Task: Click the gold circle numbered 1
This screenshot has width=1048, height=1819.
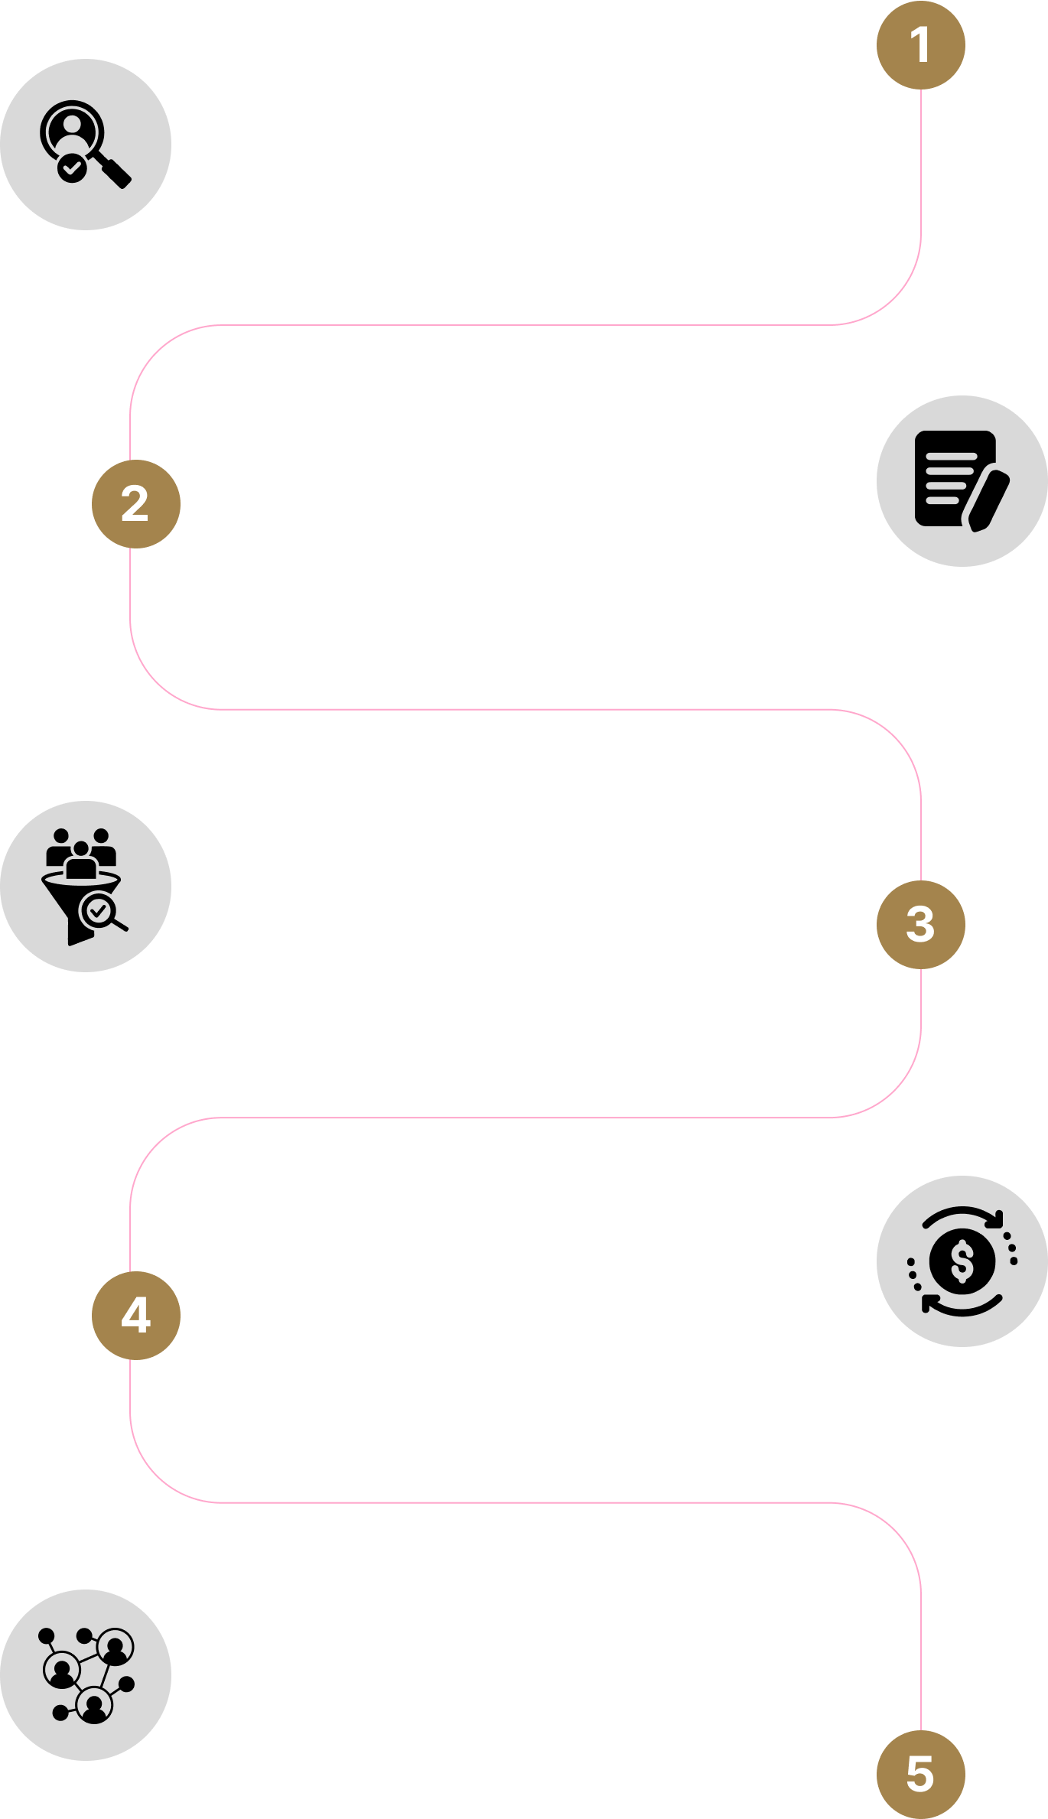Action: (x=920, y=45)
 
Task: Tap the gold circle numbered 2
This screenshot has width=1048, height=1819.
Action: (x=135, y=504)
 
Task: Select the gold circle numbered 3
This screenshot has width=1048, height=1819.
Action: (x=920, y=924)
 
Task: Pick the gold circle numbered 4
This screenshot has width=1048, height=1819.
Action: (x=135, y=1315)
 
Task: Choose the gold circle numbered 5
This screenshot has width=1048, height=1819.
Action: (x=920, y=1774)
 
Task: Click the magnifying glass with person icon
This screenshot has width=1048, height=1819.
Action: (x=85, y=144)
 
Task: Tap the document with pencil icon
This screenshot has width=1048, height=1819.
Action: (x=962, y=480)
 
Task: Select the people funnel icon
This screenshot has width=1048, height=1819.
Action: (x=85, y=886)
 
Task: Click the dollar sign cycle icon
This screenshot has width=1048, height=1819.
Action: (x=962, y=1261)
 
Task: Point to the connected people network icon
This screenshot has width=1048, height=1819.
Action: (x=85, y=1674)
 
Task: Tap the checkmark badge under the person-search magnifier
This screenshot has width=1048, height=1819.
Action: (x=72, y=167)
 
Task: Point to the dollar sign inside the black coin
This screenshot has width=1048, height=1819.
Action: (x=962, y=1261)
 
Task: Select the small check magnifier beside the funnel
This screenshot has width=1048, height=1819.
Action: (x=99, y=911)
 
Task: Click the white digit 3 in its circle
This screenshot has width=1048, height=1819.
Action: (x=920, y=924)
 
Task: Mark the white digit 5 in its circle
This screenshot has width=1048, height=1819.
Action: (x=920, y=1774)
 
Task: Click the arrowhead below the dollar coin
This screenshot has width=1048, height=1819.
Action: (x=928, y=1302)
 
